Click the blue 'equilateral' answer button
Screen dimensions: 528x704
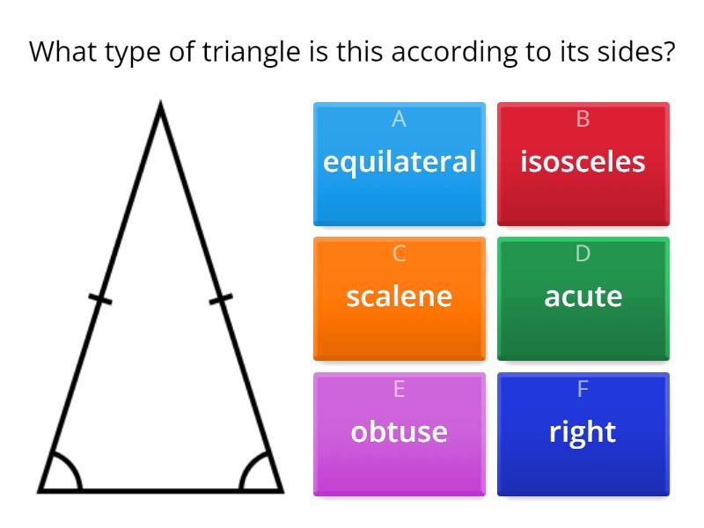coord(399,164)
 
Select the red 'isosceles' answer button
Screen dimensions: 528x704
coord(583,164)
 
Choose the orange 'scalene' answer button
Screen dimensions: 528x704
coord(399,298)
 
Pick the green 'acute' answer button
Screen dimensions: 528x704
coord(583,298)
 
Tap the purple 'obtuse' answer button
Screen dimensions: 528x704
coord(399,433)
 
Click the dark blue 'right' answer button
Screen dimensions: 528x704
coord(583,433)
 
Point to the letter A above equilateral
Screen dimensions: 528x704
coord(399,119)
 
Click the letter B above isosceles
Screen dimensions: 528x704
coord(583,119)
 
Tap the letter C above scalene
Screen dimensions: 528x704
coord(399,253)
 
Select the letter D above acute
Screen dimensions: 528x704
coord(583,253)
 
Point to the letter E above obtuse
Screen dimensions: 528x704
coord(399,388)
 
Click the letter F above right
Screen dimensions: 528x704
coord(583,388)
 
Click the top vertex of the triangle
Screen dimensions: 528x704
coord(160,106)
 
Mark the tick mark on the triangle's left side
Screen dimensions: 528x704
coord(100,300)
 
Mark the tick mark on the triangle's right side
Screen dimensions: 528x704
coord(221,300)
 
